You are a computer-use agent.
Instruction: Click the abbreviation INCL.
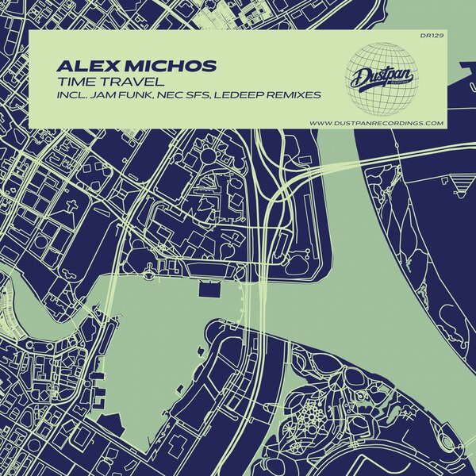[x=75, y=96]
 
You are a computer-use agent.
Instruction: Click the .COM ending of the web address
[x=433, y=123]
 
